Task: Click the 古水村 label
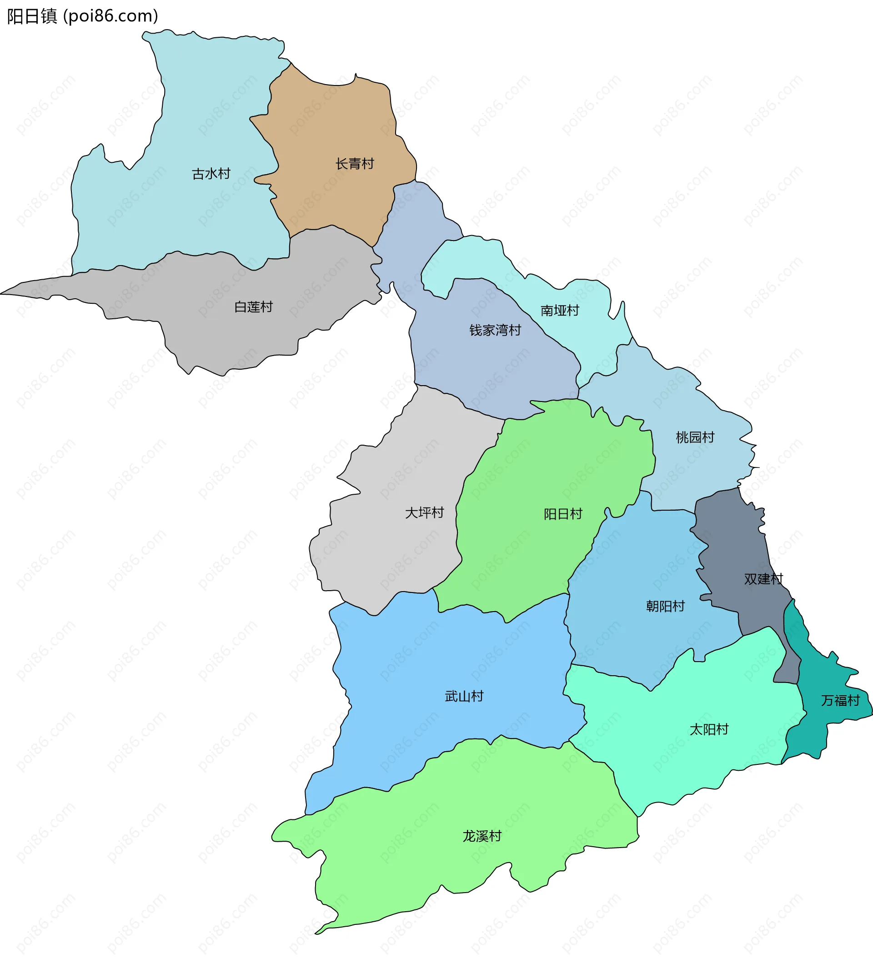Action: click(211, 174)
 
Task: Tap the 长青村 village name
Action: click(354, 164)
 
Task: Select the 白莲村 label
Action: click(253, 307)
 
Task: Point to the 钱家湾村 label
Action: click(495, 331)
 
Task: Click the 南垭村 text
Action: click(559, 311)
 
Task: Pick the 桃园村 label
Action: click(695, 437)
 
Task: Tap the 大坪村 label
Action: click(424, 513)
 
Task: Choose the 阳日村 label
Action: click(563, 515)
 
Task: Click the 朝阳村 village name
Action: click(665, 607)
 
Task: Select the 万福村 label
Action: click(840, 701)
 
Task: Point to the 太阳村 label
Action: click(708, 730)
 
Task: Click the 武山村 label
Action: click(464, 697)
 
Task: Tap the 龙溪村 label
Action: click(482, 836)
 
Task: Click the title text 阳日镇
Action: click(32, 16)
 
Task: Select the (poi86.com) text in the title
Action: click(110, 16)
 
